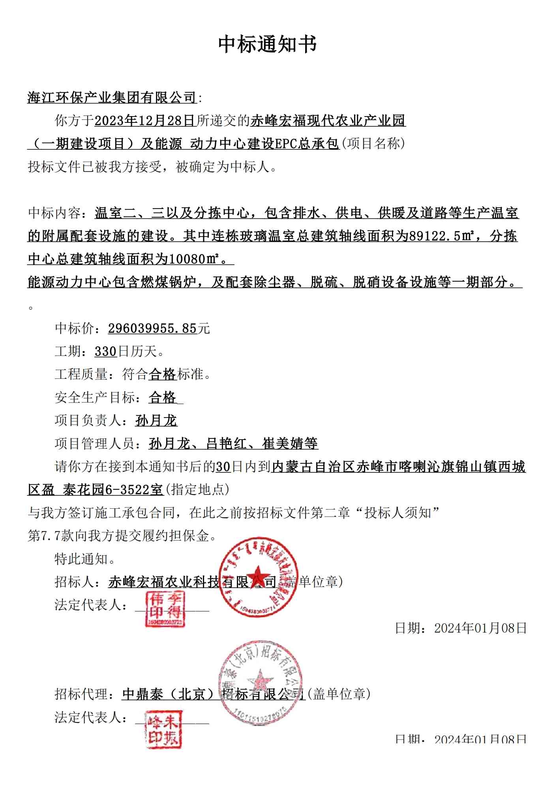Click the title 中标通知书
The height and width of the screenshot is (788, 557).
[267, 44]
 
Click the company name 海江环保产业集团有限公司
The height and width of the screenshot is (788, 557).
[112, 97]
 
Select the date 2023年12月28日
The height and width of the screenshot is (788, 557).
[145, 120]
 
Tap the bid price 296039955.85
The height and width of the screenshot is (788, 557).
[152, 328]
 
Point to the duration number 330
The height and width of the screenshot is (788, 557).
[105, 351]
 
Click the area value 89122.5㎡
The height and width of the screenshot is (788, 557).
[438, 236]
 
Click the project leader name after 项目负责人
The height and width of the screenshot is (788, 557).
[156, 420]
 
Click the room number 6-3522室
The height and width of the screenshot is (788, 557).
[134, 490]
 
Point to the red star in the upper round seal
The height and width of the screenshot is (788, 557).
[258, 575]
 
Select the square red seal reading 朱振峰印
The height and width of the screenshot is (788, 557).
[163, 730]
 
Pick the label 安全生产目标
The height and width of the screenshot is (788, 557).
[95, 397]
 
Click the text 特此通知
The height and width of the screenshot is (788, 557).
[81, 559]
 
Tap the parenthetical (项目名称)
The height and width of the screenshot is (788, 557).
[373, 143]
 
